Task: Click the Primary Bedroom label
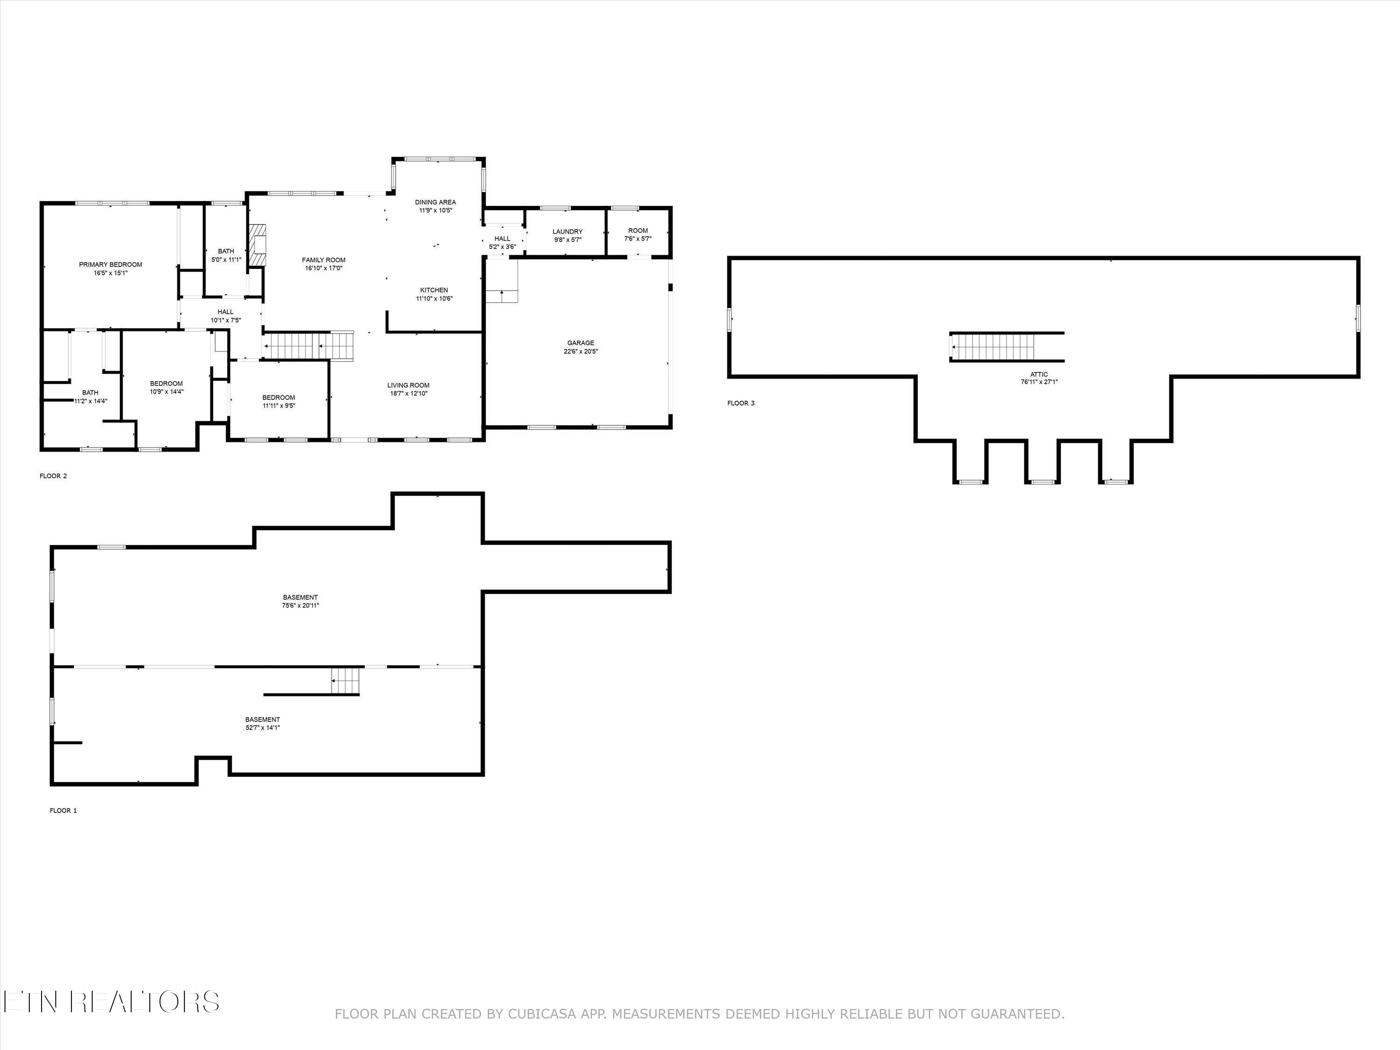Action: tap(110, 265)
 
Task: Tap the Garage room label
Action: tap(581, 343)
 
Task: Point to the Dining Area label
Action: tap(435, 203)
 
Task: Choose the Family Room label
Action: tap(323, 260)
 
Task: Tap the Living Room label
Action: tap(408, 385)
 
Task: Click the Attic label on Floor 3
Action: tap(1039, 375)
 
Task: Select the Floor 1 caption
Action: tap(63, 810)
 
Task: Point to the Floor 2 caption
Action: tap(53, 476)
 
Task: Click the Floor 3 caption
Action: tap(741, 403)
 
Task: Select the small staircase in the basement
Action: tap(346, 680)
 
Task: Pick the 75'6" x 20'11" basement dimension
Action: tap(300, 606)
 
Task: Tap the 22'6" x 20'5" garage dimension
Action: tap(581, 351)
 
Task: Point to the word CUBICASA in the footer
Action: tap(542, 1014)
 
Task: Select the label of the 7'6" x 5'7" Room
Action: tap(638, 231)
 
